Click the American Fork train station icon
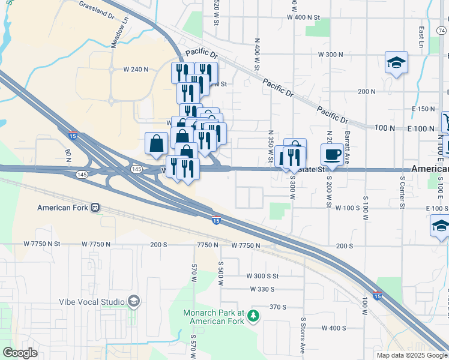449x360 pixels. coord(95,208)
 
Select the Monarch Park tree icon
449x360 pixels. coord(253,314)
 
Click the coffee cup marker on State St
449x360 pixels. coord(332,155)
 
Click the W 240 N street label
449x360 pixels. coord(136,70)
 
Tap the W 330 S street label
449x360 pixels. coord(263,289)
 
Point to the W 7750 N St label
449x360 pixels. coord(43,244)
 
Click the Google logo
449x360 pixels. coord(20,352)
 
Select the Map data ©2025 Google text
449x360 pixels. coord(412,355)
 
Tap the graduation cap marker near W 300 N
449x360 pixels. coord(396,62)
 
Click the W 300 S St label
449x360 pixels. coord(262,276)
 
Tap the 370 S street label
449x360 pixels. coord(278,307)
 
